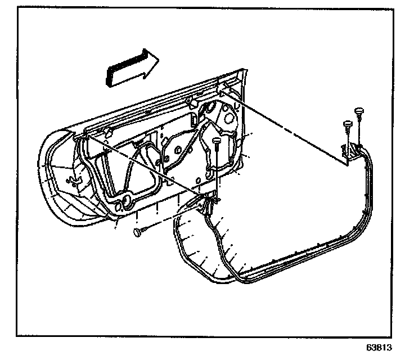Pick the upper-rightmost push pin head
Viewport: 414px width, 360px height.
pos(358,110)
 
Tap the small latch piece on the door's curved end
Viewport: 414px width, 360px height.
pos(74,182)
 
